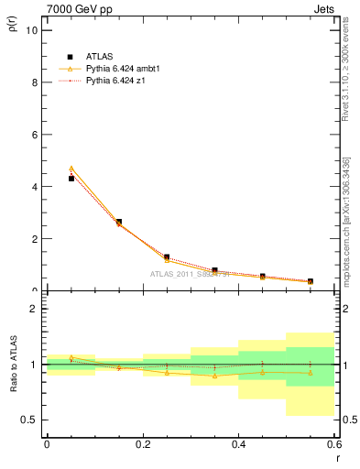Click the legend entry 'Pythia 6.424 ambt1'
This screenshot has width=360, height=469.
coord(124,69)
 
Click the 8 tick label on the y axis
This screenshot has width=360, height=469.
coord(36,82)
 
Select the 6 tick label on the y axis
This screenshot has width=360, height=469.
coord(36,135)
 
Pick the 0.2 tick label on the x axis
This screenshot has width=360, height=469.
coord(142,445)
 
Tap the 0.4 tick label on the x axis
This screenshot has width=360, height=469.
coord(238,445)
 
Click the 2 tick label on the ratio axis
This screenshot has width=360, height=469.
coord(36,309)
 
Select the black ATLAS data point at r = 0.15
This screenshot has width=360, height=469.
coord(119,222)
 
